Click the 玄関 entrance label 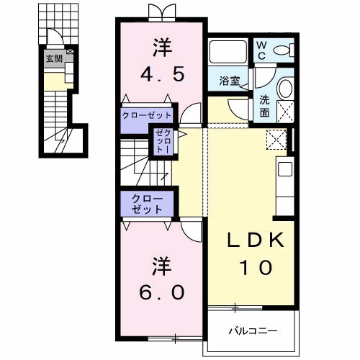54,58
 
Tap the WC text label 261,50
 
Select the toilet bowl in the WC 282,50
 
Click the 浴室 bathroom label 230,81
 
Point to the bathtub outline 228,52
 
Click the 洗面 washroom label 264,107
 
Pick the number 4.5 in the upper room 163,74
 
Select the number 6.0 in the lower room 163,292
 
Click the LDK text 256,240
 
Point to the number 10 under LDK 256,268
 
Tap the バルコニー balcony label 253,331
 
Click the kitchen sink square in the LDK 285,169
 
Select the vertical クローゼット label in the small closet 163,141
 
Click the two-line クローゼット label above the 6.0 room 147,204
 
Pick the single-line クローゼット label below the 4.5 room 147,115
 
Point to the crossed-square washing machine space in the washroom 285,112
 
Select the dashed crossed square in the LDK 276,140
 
